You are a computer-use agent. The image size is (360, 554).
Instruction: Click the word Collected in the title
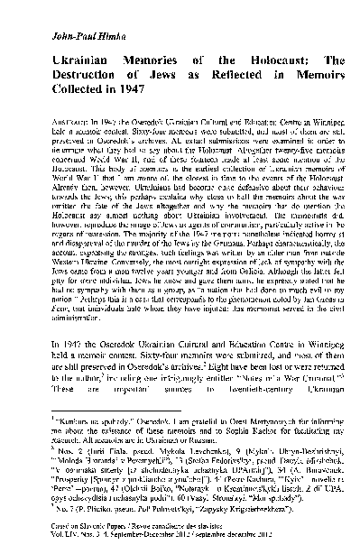[69, 90]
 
